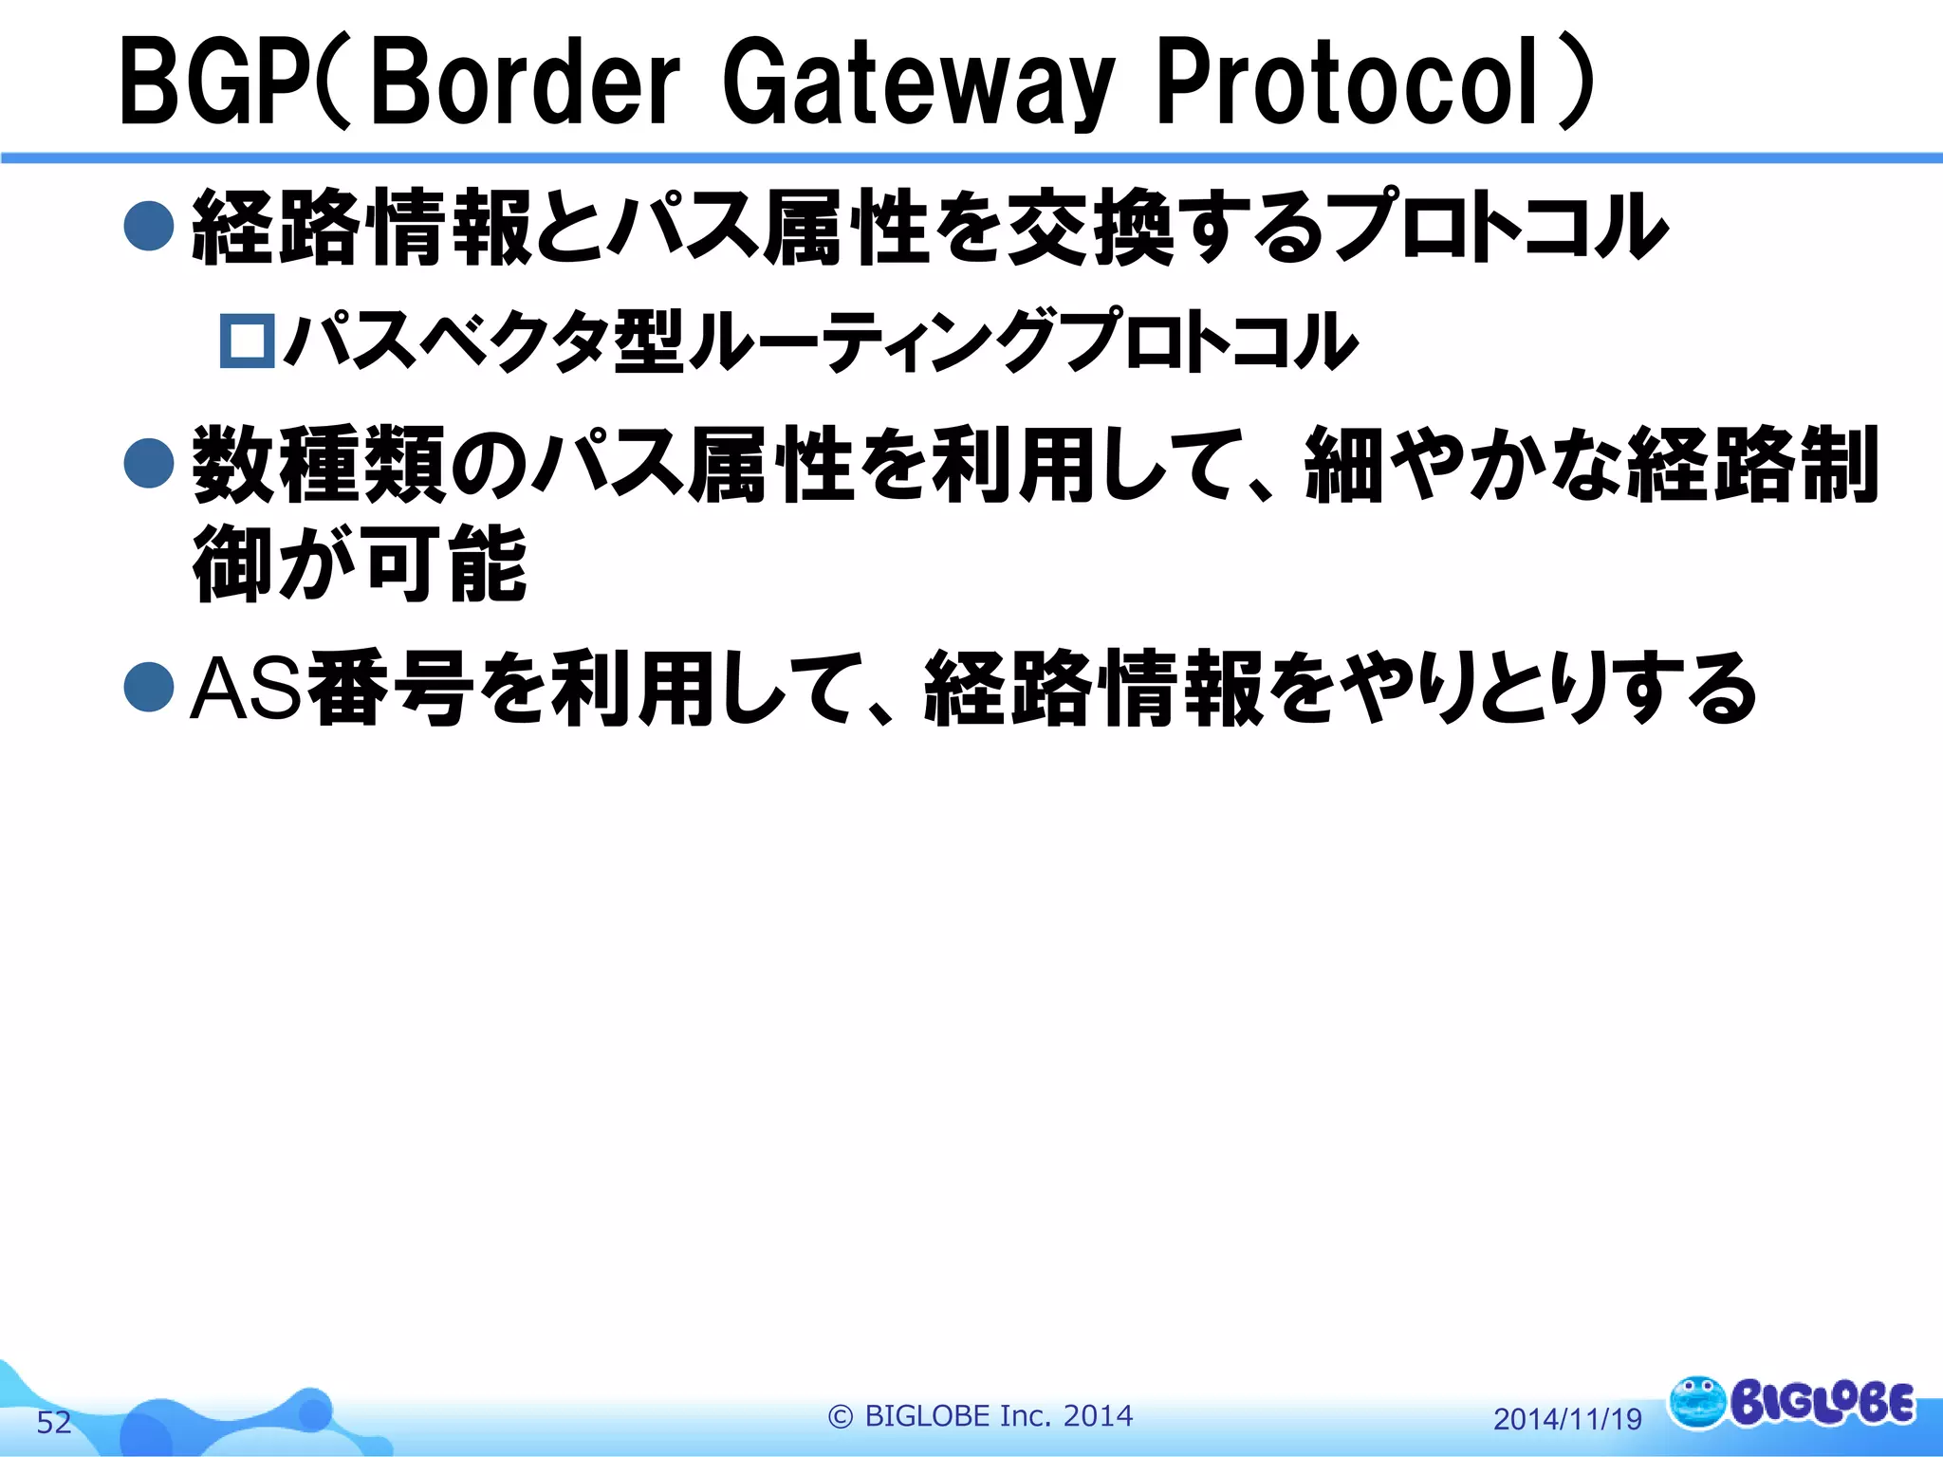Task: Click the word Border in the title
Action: click(x=527, y=83)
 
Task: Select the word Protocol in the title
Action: click(x=1347, y=83)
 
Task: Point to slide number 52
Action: click(x=54, y=1422)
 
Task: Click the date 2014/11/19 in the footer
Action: click(x=1567, y=1419)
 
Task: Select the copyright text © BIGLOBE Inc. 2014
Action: click(x=980, y=1415)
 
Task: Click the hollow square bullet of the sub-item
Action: click(x=248, y=341)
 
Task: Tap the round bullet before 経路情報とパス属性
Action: click(x=149, y=226)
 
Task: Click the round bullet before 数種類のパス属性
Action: click(x=149, y=463)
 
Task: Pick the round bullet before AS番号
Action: click(x=149, y=688)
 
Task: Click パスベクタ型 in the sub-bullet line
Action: click(x=484, y=341)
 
